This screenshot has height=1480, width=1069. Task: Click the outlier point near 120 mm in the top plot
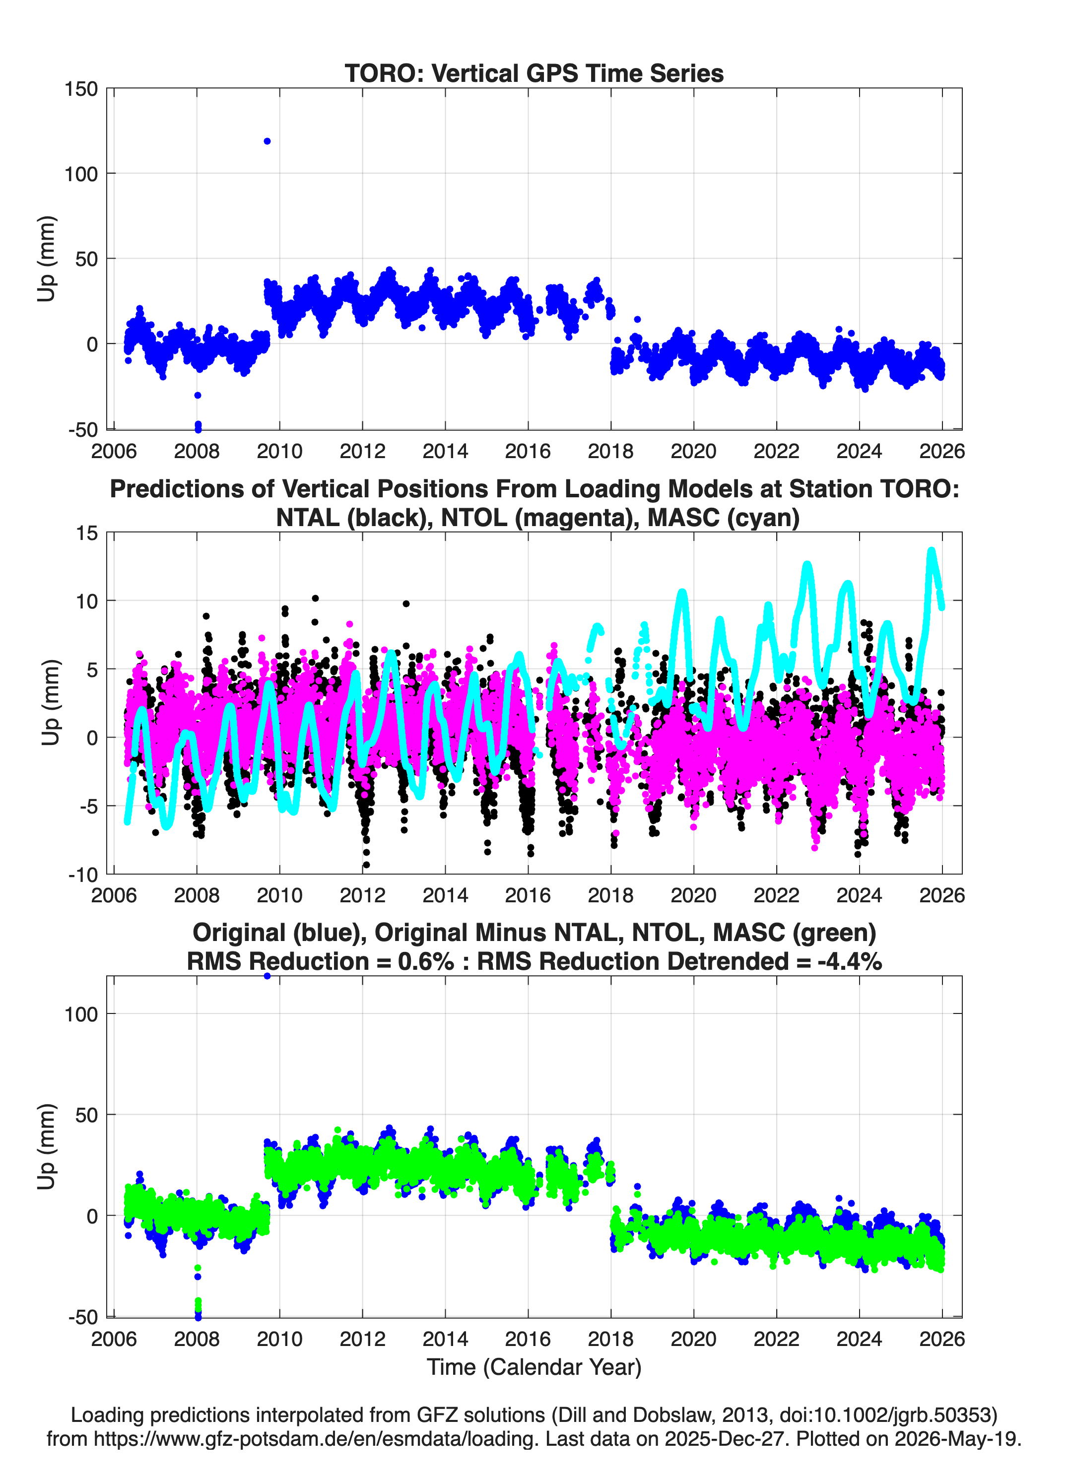(x=267, y=141)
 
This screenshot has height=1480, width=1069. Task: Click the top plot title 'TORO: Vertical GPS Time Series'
(x=534, y=73)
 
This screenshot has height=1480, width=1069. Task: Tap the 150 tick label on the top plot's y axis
(x=81, y=89)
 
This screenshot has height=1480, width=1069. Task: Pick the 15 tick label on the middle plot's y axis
(x=87, y=533)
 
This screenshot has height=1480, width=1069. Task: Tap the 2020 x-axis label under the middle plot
(x=694, y=895)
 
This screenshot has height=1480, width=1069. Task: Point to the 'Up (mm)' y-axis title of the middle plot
(x=50, y=703)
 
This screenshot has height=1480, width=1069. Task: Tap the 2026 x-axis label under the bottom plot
(x=942, y=1339)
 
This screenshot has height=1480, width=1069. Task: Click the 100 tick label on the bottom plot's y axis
(x=81, y=1014)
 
